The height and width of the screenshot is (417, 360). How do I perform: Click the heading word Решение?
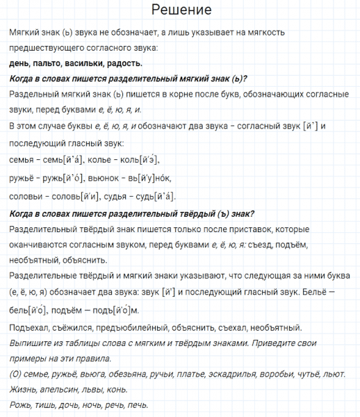point(180,11)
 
